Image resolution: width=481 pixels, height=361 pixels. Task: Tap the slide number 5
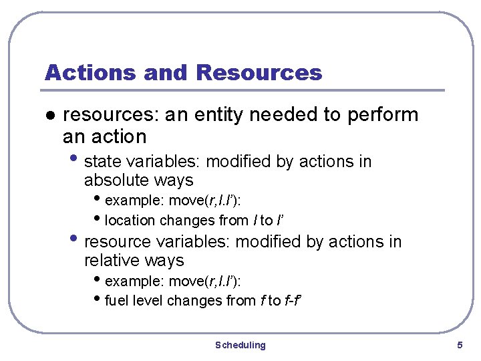(460, 345)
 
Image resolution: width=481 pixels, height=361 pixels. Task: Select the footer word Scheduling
(240, 345)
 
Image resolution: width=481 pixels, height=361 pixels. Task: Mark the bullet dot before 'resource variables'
(77, 240)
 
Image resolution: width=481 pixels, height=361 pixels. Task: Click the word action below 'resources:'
(120, 137)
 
